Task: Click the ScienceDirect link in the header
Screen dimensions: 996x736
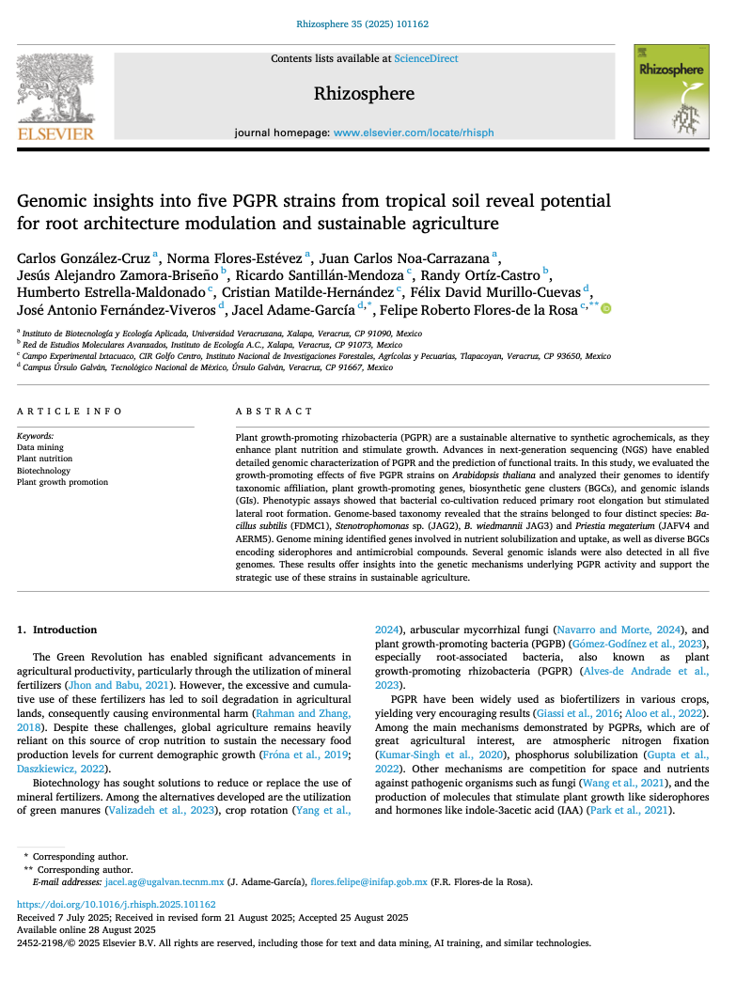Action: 426,58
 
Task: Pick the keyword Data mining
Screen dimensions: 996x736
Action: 40,448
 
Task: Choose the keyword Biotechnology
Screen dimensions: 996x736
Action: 43,471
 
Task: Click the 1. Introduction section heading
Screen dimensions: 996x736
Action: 57,630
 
